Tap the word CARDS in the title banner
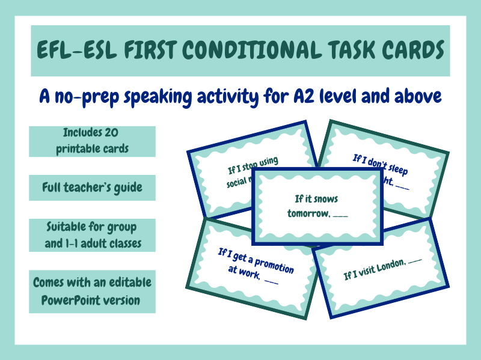(409, 50)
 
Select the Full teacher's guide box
(92, 188)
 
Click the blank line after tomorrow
(340, 213)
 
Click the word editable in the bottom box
(132, 282)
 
